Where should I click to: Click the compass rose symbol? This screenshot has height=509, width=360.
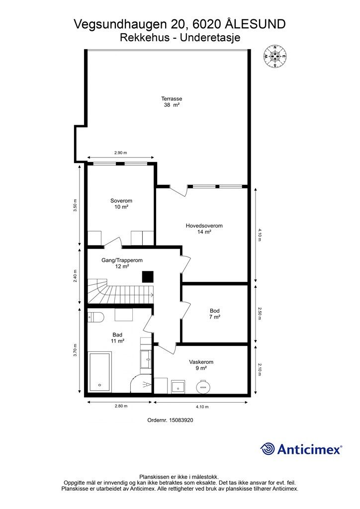click(275, 57)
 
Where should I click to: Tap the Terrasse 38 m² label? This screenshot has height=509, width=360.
click(172, 101)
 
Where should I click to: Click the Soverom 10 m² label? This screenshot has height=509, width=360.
click(121, 203)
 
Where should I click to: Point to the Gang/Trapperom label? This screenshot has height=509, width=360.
click(122, 260)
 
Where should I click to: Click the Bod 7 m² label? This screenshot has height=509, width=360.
click(215, 314)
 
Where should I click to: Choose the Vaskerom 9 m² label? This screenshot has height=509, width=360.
click(201, 365)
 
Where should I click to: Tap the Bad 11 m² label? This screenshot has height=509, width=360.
click(117, 338)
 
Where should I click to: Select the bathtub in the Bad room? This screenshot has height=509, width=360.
click(100, 372)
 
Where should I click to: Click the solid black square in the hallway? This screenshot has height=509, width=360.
click(148, 276)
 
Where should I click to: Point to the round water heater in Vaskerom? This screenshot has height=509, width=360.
click(203, 386)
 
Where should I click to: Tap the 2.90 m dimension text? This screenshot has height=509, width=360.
click(120, 153)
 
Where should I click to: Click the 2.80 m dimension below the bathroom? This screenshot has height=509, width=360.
click(121, 406)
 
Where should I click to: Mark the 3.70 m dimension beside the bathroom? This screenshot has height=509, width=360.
click(75, 350)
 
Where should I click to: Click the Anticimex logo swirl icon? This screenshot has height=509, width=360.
click(268, 449)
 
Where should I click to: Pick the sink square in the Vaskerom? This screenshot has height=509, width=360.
click(178, 386)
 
